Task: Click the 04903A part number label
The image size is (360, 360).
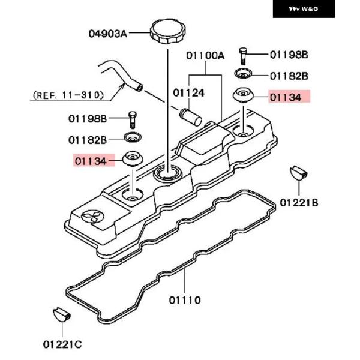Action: [108, 34]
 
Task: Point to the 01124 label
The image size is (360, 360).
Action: [189, 93]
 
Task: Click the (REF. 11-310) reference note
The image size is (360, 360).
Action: [68, 94]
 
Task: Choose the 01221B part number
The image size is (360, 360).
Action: [299, 202]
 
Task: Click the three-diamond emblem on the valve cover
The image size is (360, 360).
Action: [92, 217]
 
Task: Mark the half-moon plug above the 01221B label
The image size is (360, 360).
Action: [298, 173]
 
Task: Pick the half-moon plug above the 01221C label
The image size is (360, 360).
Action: [62, 314]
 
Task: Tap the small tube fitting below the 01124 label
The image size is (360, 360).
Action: [189, 113]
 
